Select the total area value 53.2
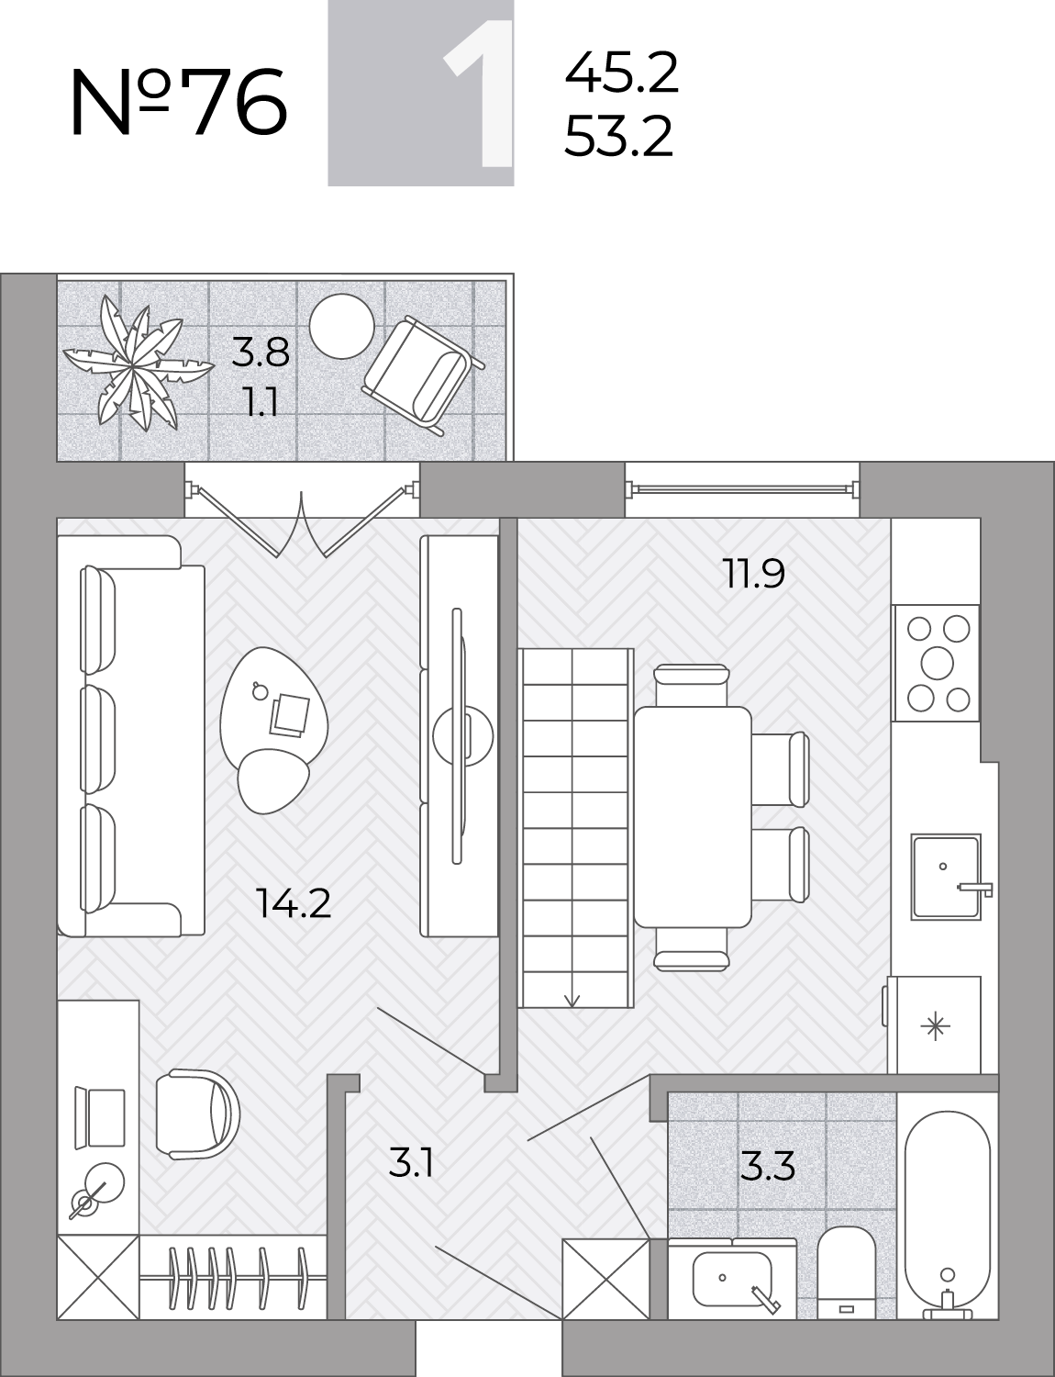pos(618,136)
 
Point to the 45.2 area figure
pos(622,73)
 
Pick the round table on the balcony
pos(342,326)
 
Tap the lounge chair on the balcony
pos(422,375)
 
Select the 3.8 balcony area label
pos(261,353)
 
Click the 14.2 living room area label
pos(294,903)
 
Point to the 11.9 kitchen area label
pos(754,573)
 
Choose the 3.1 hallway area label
pos(412,1163)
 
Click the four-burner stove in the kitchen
pos(936,664)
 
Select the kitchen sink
pos(946,877)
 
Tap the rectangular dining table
pos(693,817)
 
